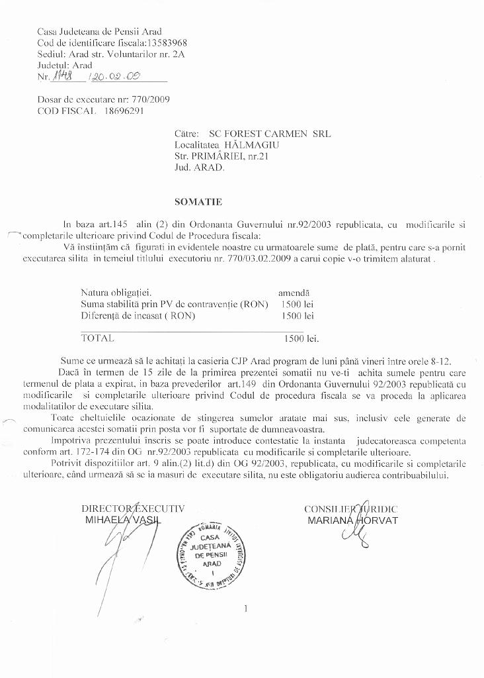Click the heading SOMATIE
coord(198,201)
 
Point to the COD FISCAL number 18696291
coord(124,111)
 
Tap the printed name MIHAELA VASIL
coord(122,520)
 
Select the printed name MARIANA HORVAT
coord(352,520)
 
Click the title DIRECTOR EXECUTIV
coord(133,508)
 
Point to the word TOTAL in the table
coord(97,338)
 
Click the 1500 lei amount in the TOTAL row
coord(301,338)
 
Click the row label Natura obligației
coord(116,292)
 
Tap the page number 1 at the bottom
coord(245,608)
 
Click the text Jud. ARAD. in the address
coord(200,168)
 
